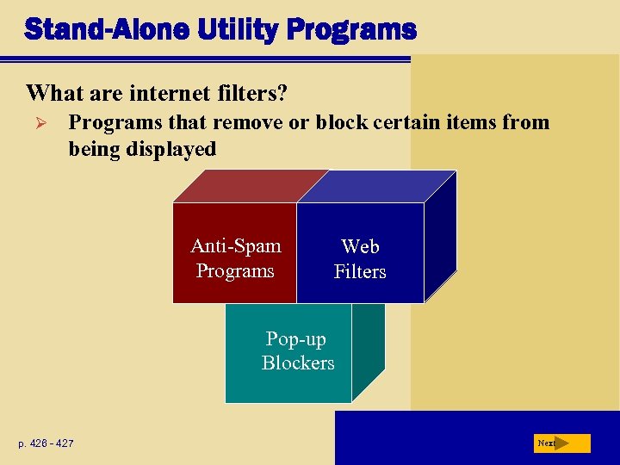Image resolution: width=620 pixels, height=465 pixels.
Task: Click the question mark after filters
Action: click(x=282, y=91)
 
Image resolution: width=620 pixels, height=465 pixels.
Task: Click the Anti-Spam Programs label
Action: click(x=235, y=258)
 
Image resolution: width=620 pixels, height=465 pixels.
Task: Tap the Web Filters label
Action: click(x=360, y=259)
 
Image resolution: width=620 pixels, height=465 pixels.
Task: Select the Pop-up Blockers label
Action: click(x=297, y=350)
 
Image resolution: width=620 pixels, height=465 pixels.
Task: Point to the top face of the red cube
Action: click(x=250, y=185)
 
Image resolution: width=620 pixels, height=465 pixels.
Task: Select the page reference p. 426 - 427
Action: click(x=46, y=443)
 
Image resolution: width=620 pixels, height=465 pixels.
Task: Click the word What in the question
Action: click(x=52, y=91)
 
